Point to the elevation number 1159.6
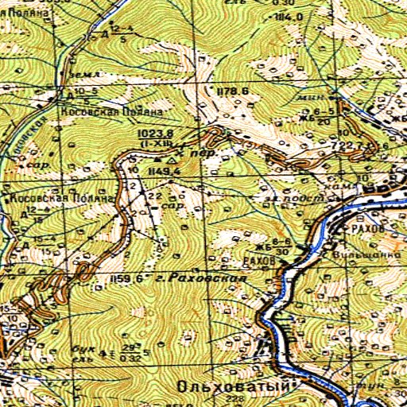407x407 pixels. [x=128, y=278]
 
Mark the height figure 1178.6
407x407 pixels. [x=232, y=92]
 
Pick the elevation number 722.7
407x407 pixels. [x=351, y=145]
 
